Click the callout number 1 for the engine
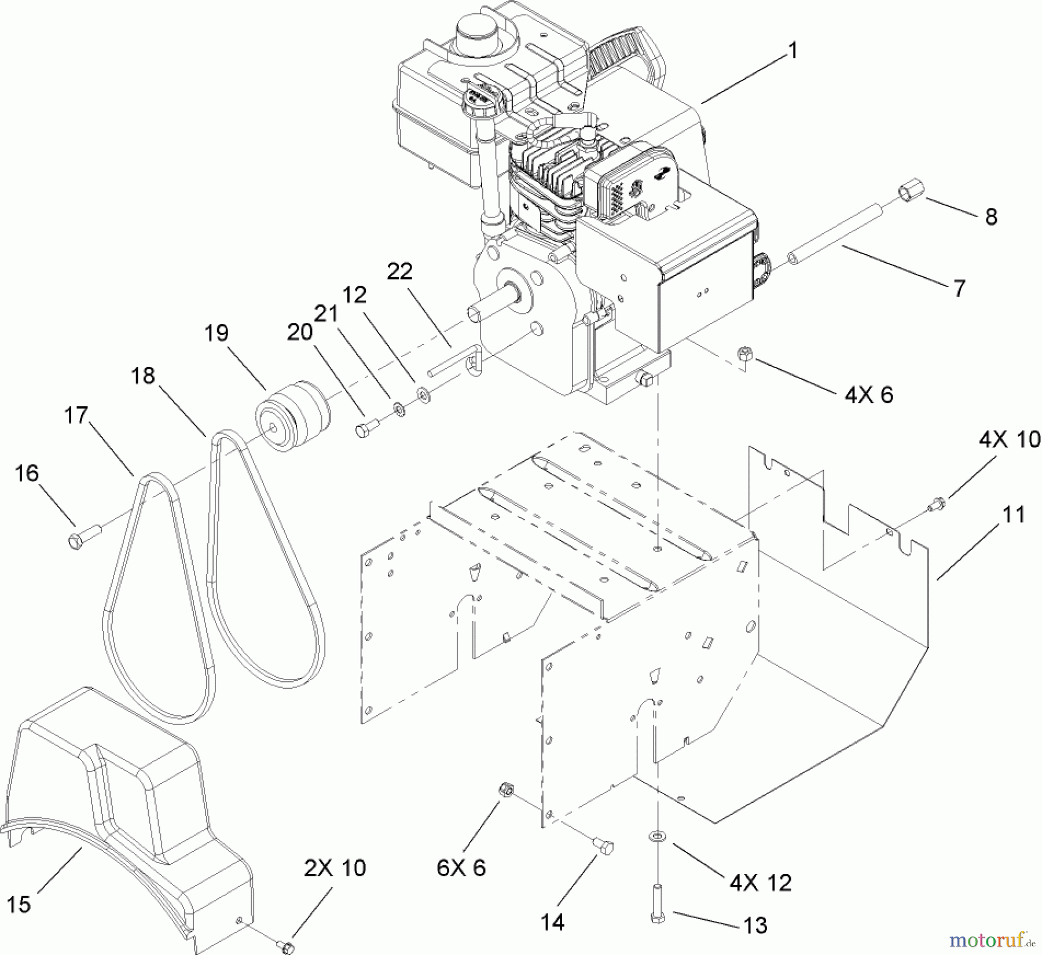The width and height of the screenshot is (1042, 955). pos(793,51)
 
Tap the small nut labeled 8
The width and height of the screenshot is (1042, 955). pos(911,207)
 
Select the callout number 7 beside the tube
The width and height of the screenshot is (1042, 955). pos(960,288)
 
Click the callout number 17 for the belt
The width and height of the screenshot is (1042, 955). pos(76,414)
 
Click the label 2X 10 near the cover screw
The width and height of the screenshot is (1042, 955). pos(335,868)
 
